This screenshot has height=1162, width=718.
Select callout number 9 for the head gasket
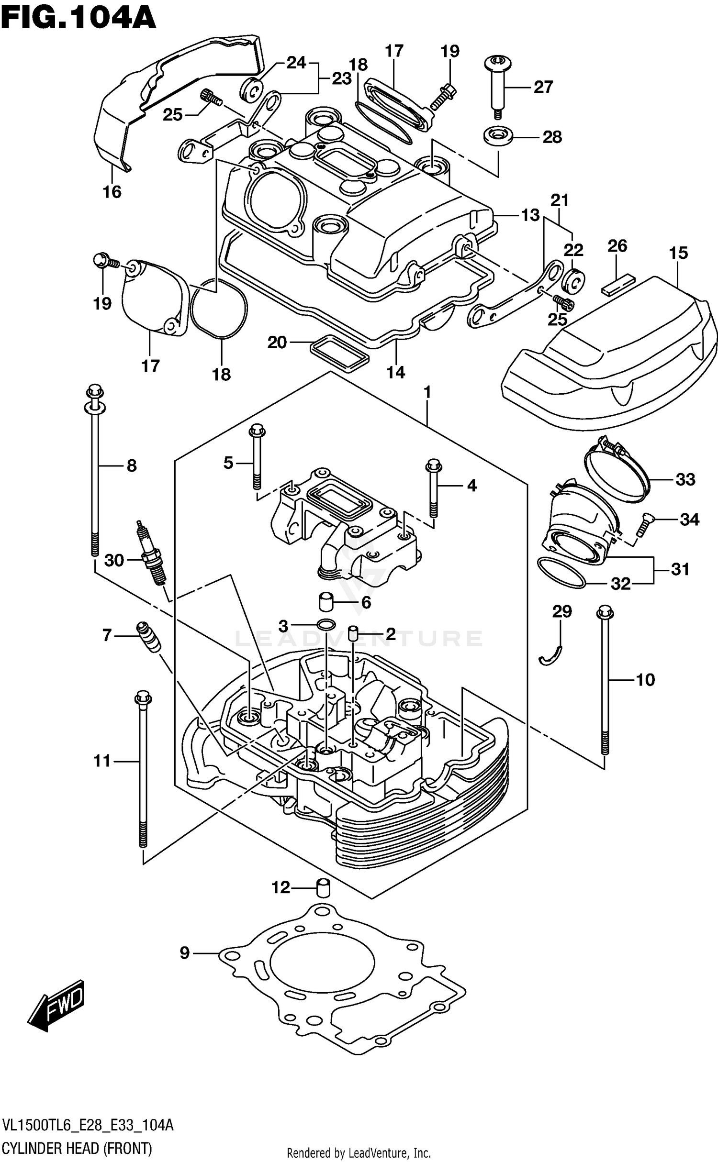pyautogui.click(x=185, y=953)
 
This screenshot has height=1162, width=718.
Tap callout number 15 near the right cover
pyautogui.click(x=678, y=253)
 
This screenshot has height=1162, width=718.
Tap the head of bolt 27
pyautogui.click(x=498, y=62)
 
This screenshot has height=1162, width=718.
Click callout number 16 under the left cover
pyautogui.click(x=112, y=192)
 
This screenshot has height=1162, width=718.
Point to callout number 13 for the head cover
pyautogui.click(x=530, y=215)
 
